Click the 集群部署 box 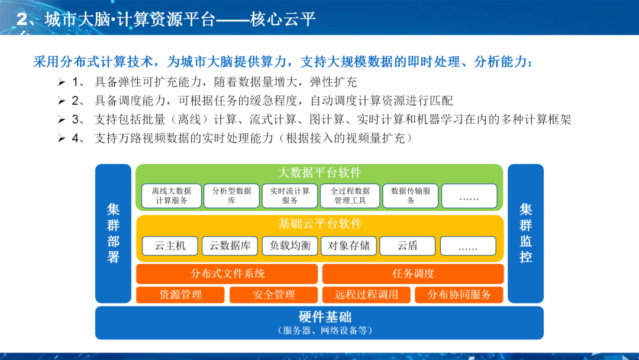(113, 233)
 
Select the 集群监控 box (525, 233)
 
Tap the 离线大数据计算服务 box (171, 196)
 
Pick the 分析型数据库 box (231, 196)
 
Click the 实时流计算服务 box (289, 196)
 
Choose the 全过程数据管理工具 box (350, 196)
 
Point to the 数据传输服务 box (411, 196)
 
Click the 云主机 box (170, 246)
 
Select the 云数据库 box (230, 246)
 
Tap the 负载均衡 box (289, 246)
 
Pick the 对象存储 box (348, 246)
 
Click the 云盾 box (407, 246)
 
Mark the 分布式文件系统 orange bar (227, 274)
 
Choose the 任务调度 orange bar (413, 274)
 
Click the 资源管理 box (180, 295)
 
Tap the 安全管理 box (273, 295)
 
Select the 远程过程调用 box (366, 295)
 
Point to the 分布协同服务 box (459, 295)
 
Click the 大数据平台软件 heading (319, 173)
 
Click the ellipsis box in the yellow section (468, 246)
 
